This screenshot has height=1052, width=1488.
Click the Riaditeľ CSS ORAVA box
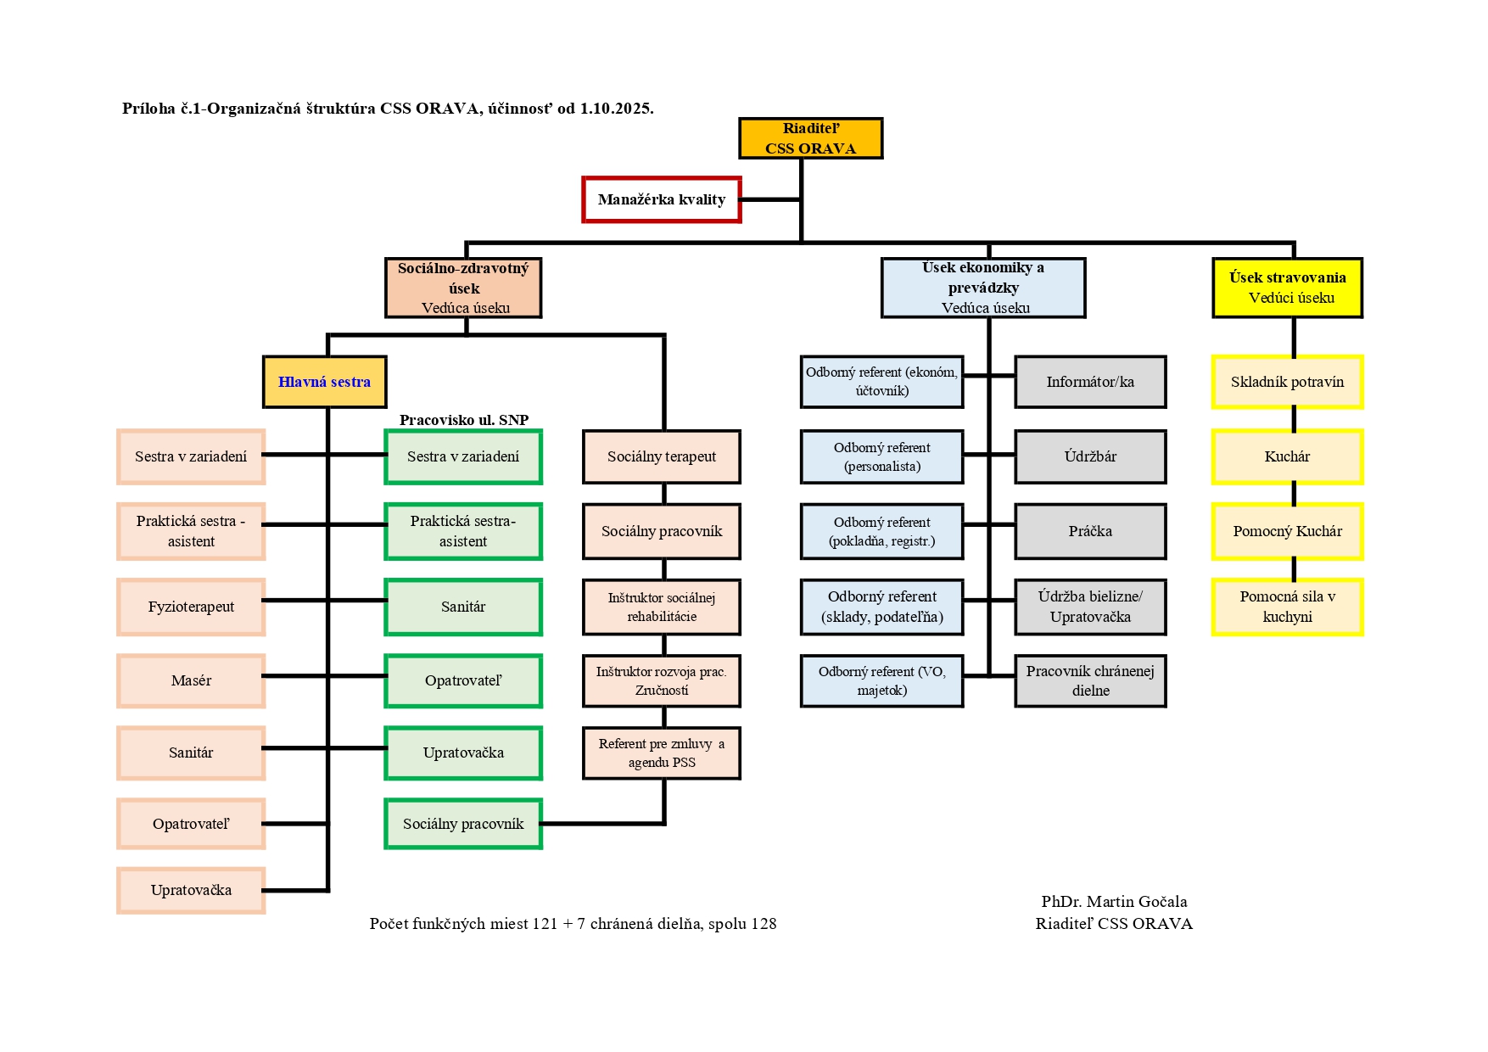coord(810,138)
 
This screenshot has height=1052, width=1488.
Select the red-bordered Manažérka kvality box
coord(662,199)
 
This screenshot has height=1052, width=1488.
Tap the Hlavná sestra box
coord(324,382)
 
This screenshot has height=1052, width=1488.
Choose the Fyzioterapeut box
coord(191,607)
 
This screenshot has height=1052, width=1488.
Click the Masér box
coord(191,680)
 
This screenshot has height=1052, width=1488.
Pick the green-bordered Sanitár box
coord(463,607)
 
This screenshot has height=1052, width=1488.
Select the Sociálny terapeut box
coord(662,456)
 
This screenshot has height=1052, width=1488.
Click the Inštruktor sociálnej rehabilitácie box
coord(662,607)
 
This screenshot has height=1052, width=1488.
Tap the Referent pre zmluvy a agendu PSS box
coord(662,753)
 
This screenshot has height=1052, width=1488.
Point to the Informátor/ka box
coord(1090,382)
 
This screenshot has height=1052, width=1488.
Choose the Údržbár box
coord(1090,456)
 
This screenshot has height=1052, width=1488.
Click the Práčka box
coord(1090,531)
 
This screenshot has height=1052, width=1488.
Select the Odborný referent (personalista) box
coord(881,456)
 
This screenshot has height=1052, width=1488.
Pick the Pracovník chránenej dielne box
coord(1090,680)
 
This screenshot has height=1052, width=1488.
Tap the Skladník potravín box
coord(1287,382)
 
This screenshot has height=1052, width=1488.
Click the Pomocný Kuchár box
coord(1287,531)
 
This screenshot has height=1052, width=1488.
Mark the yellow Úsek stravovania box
coord(1287,288)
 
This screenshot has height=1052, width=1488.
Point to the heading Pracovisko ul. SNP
coord(464,420)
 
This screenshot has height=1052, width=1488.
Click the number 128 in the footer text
coord(763,924)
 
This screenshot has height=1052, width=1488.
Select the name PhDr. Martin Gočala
coord(1114,902)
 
